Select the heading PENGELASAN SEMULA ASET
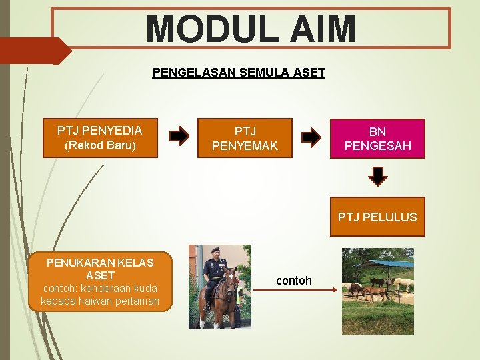point(239,72)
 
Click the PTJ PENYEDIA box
point(100,138)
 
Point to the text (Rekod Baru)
point(100,145)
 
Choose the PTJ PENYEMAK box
point(245,138)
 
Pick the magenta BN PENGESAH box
point(377,138)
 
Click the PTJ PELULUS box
point(377,217)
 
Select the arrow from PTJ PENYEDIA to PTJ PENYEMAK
point(179,137)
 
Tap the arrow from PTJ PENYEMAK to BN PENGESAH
point(311,137)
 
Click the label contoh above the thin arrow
point(293,281)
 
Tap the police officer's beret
point(215,251)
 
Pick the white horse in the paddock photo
point(403,284)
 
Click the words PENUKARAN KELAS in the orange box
point(100,263)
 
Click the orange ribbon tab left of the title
point(33,51)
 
